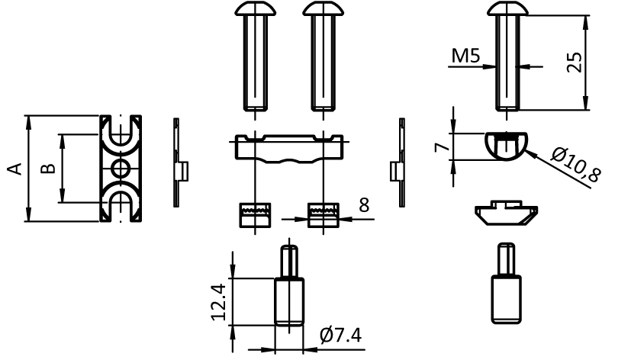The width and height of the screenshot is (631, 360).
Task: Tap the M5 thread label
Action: (x=465, y=56)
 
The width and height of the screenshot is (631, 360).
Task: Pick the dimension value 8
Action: (x=363, y=204)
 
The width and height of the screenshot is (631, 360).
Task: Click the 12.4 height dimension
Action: (x=219, y=303)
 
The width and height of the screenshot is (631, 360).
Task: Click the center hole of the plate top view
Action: (x=120, y=169)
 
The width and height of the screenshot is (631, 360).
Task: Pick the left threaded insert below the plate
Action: (x=253, y=215)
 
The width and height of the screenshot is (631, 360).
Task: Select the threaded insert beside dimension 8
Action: (x=320, y=215)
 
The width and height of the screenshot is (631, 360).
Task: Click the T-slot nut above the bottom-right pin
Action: (x=506, y=213)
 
